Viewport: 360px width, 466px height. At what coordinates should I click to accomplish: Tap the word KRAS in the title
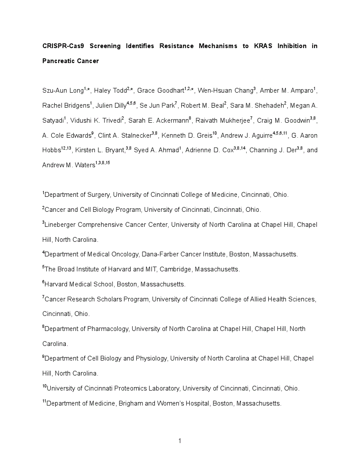click(x=263, y=46)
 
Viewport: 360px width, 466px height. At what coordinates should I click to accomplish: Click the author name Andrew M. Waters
click(x=68, y=165)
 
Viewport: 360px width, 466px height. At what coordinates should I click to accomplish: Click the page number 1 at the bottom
click(x=180, y=441)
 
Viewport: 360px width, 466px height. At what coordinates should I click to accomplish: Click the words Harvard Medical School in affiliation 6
click(x=81, y=284)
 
